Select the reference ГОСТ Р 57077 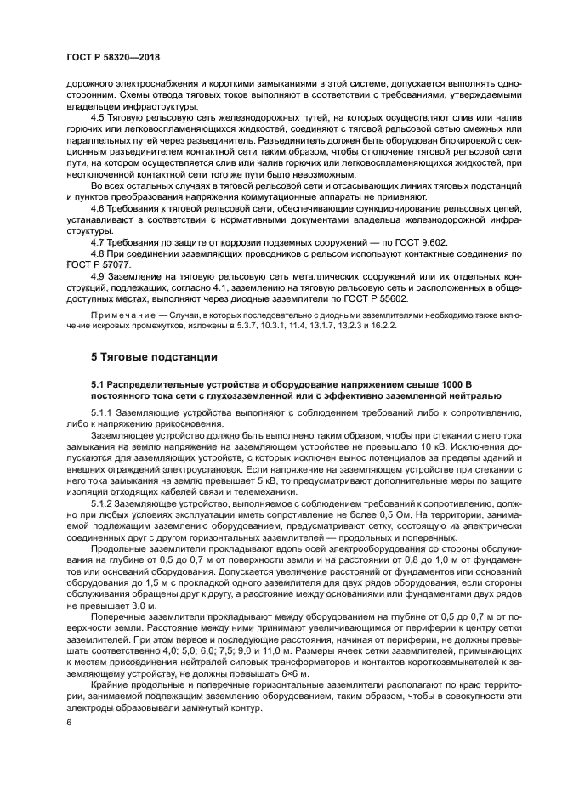[99, 264]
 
